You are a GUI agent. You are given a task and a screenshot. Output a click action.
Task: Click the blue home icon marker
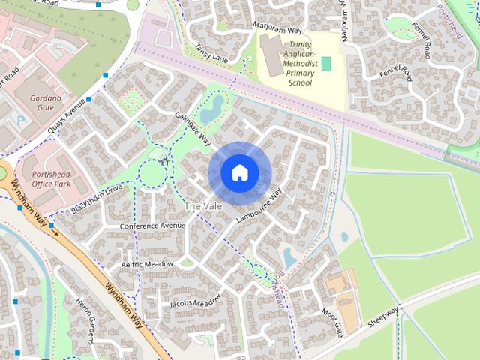(x=239, y=173)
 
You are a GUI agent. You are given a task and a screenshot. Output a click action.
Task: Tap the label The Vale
(x=202, y=205)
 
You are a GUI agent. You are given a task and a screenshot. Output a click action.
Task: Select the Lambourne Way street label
(x=259, y=205)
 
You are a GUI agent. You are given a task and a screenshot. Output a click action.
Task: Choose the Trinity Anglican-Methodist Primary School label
(x=300, y=64)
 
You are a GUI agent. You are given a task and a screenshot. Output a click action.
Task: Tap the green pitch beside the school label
(x=325, y=63)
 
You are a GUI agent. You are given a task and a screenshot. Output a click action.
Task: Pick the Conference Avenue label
(x=152, y=226)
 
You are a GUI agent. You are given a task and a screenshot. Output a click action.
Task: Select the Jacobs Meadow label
(x=195, y=301)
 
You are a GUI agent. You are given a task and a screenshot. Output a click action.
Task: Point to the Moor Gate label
(x=331, y=321)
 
